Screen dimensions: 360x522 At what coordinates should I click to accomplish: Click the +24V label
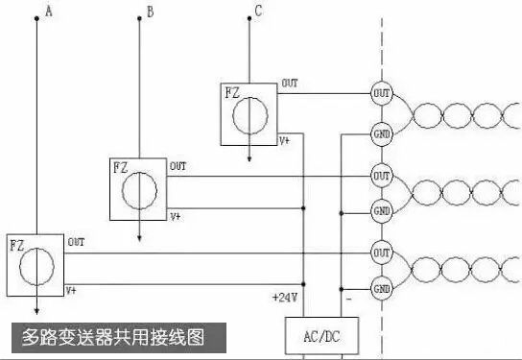(284, 298)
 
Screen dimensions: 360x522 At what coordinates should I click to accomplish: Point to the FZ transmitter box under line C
(249, 113)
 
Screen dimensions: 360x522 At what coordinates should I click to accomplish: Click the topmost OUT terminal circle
(382, 93)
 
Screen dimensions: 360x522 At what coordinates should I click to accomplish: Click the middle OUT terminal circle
(382, 177)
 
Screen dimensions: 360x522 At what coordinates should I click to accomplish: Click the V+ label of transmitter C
(285, 140)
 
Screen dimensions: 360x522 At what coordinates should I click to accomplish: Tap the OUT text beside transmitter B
(178, 166)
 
